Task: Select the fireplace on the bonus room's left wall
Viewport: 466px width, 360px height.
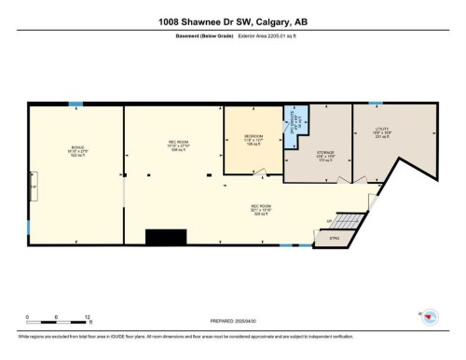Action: coord(33,187)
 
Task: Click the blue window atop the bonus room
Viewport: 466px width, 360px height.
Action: coord(75,104)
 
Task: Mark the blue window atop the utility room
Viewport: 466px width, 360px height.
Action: coord(375,104)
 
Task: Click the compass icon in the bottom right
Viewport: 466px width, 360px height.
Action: coord(428,318)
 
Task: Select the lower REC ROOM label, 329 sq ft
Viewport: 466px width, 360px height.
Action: coord(260,210)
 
